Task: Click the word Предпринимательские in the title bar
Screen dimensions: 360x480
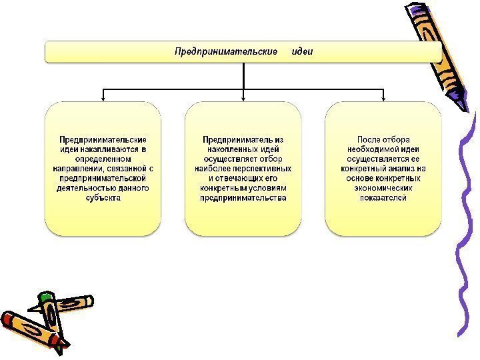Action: (x=226, y=51)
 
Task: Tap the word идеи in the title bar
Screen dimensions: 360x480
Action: (x=303, y=51)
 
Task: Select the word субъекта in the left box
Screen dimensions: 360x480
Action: (x=103, y=197)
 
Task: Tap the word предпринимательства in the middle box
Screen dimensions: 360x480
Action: (x=243, y=197)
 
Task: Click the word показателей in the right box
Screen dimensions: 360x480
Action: (x=383, y=197)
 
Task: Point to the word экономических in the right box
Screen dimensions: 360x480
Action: (x=383, y=188)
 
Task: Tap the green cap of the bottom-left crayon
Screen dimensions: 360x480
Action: (x=45, y=296)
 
